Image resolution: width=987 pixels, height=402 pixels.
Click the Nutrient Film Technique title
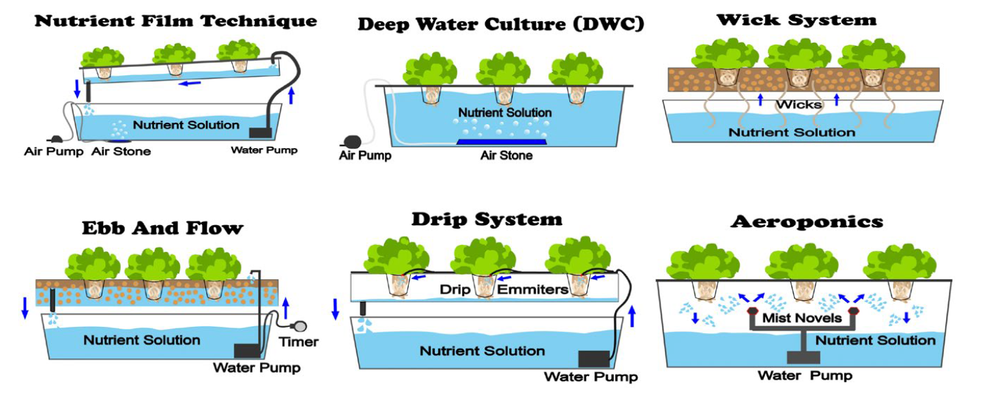(175, 20)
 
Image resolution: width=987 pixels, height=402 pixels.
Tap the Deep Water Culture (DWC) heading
(501, 25)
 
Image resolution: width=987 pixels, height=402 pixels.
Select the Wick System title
(796, 20)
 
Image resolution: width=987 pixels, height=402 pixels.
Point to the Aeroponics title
(806, 222)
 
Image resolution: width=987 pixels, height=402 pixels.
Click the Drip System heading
(487, 219)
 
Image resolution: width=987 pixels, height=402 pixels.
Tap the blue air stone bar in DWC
(501, 142)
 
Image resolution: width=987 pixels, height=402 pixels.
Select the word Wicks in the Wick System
(799, 104)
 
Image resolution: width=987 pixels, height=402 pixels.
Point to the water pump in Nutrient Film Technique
(261, 132)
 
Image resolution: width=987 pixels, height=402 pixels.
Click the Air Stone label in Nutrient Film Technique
(121, 151)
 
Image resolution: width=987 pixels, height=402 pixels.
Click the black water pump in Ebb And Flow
(248, 350)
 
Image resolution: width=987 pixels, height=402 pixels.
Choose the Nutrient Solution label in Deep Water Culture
(504, 113)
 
